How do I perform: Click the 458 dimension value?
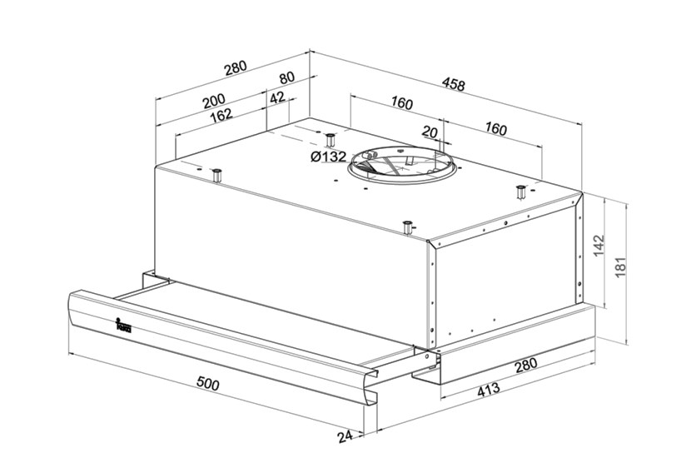pos(453,84)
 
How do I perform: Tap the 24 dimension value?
pos(346,436)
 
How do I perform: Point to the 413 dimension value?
pos(488,390)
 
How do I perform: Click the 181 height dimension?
pos(620,266)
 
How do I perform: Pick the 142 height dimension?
pos(599,246)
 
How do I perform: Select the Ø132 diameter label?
pos(329,157)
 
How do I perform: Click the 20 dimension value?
pos(430,132)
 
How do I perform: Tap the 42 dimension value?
pos(277,97)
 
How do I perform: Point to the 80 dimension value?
pos(286,78)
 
